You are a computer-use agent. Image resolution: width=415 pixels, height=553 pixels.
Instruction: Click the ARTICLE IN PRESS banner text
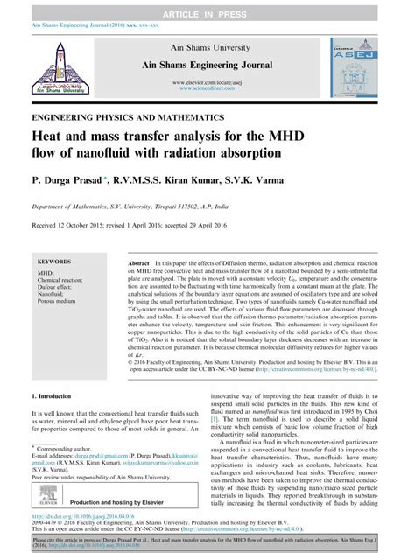point(207,9)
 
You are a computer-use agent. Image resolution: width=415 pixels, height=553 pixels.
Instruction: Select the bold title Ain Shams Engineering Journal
point(207,64)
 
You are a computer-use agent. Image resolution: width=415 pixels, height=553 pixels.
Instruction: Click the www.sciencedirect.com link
point(207,88)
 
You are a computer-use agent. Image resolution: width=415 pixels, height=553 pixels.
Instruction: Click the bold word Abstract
point(138,262)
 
